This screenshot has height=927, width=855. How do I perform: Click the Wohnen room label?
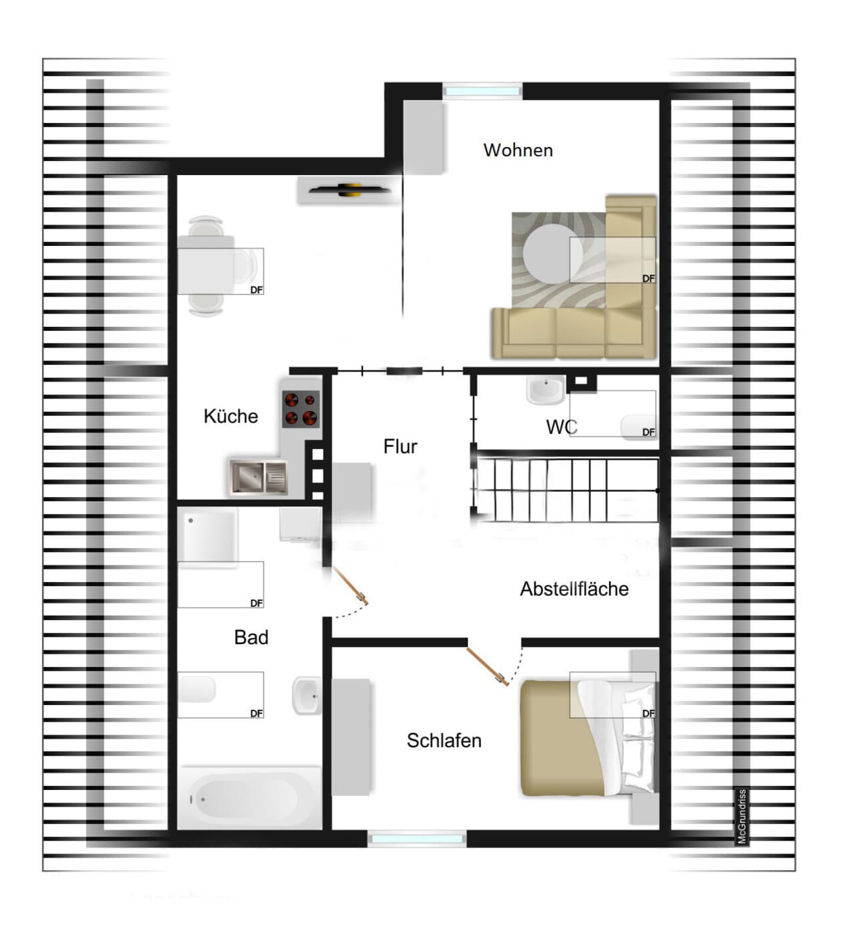point(518,150)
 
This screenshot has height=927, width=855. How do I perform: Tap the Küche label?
point(230,416)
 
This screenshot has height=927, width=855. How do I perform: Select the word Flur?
point(400,446)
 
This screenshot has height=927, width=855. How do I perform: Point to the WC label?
point(562,426)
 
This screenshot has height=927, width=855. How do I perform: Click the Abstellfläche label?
point(574,589)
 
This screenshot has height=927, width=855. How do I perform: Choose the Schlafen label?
point(444,741)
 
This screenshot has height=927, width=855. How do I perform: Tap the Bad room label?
point(251,637)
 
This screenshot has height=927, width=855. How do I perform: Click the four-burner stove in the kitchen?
point(301,409)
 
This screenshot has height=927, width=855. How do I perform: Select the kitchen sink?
point(259,477)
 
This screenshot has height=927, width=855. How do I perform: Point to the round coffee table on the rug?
point(552,254)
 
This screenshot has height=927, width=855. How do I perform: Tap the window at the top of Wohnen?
point(482,91)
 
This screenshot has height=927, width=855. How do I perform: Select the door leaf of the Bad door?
point(350,585)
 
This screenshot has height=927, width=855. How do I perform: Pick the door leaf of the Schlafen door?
point(488,666)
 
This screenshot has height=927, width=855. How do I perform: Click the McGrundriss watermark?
point(742,817)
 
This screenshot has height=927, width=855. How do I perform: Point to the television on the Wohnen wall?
point(349,190)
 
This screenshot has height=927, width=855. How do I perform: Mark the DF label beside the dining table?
point(256,290)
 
